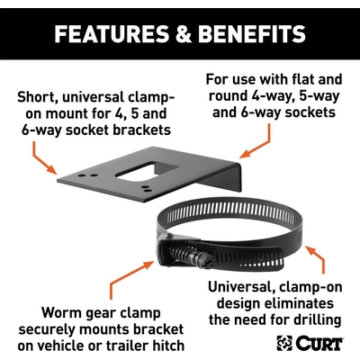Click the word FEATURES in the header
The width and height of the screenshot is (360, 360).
[x=112, y=33]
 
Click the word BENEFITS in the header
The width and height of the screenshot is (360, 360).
[x=252, y=33]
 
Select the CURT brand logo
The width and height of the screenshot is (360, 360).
[x=310, y=343]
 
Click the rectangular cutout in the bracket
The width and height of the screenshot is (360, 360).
[x=148, y=172]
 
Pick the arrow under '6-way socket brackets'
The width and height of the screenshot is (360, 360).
[x=42, y=159]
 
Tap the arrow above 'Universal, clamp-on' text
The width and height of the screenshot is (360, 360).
[x=318, y=258]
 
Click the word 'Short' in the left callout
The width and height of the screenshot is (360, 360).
[x=33, y=97]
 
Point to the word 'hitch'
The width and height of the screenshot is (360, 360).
[x=168, y=346]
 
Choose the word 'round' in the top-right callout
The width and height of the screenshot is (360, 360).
[x=228, y=96]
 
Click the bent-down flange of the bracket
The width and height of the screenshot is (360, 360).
[x=223, y=178]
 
